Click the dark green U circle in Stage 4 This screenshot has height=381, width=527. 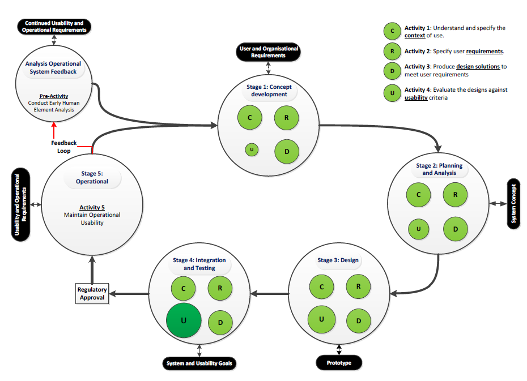184,320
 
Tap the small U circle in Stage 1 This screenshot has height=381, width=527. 252,149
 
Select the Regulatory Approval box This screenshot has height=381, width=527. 92,293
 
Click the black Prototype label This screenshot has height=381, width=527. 338,362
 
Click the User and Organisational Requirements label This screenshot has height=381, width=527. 269,53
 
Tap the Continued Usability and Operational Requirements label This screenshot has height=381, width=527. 54,27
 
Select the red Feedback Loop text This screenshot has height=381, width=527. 63,147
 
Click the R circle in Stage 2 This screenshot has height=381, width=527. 455,195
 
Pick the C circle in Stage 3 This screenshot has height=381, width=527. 321,286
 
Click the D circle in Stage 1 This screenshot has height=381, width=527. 287,151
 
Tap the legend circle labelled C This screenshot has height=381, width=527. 392,32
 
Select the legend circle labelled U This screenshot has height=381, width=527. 392,93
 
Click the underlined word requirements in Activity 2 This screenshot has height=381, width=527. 484,52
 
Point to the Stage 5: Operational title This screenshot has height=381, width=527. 92,178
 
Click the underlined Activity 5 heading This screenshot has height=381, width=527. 92,207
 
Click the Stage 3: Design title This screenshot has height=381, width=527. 338,260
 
